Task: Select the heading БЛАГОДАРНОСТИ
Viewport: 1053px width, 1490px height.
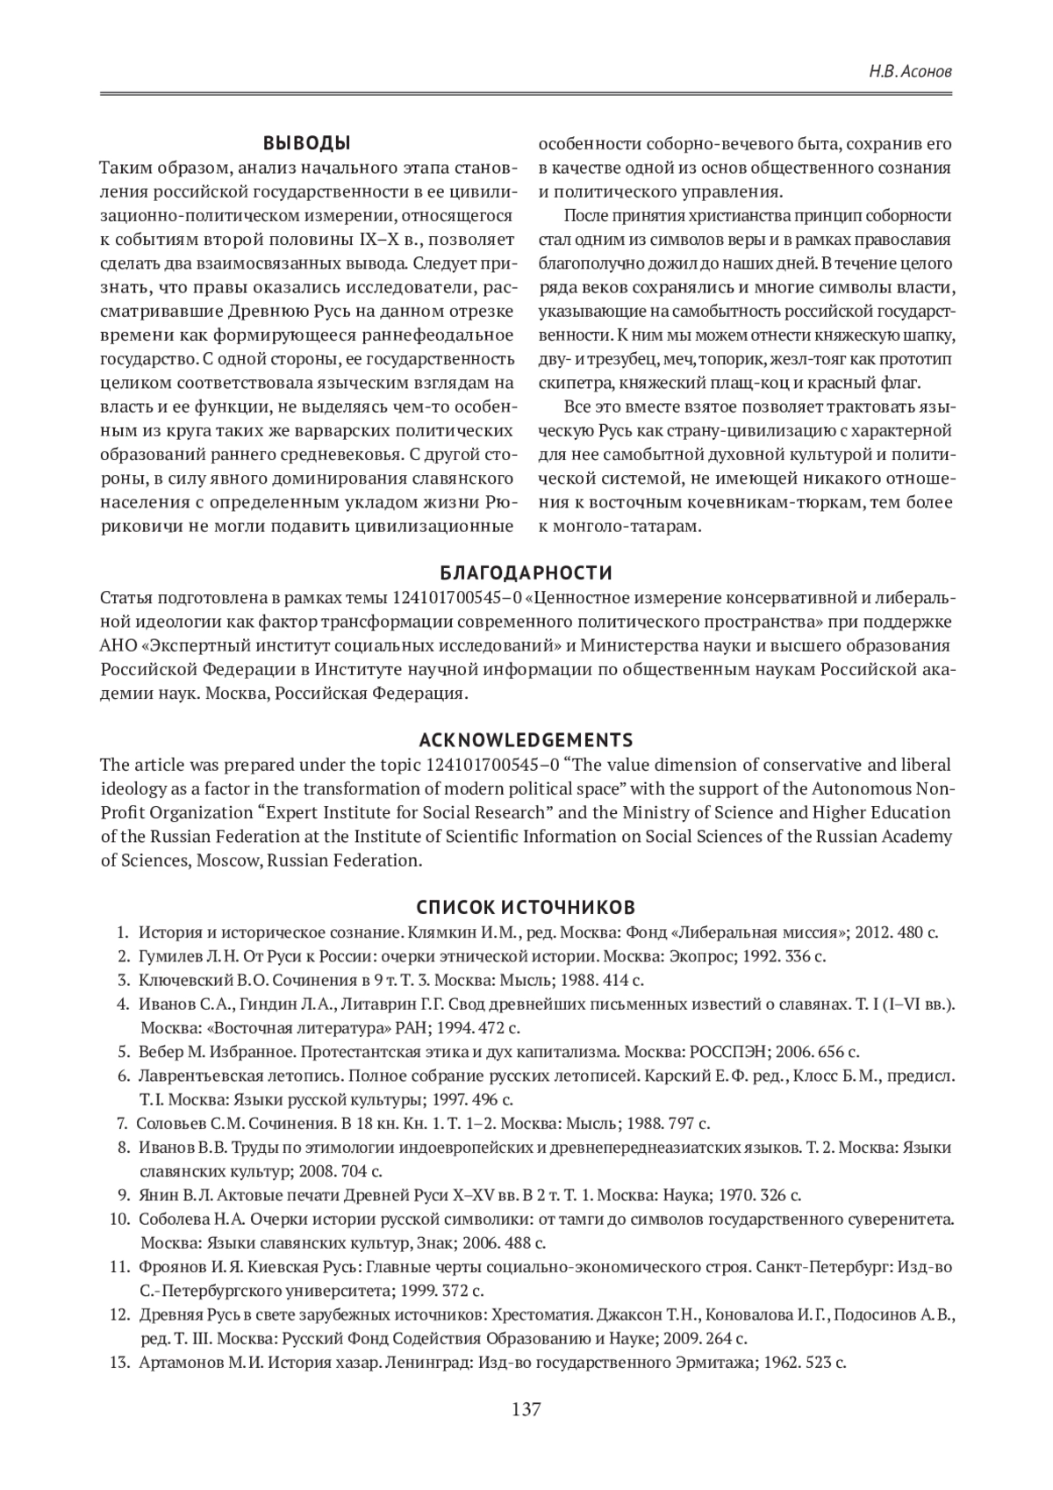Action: pos(526,573)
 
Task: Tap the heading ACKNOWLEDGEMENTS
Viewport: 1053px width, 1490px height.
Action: pos(526,739)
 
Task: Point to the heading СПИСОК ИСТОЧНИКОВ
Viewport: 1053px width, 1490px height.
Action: pos(526,906)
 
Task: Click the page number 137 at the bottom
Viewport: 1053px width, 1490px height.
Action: pos(526,1411)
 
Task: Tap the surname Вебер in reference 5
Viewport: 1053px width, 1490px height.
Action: pos(157,1051)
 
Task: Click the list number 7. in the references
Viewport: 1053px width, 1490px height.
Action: pos(123,1123)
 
